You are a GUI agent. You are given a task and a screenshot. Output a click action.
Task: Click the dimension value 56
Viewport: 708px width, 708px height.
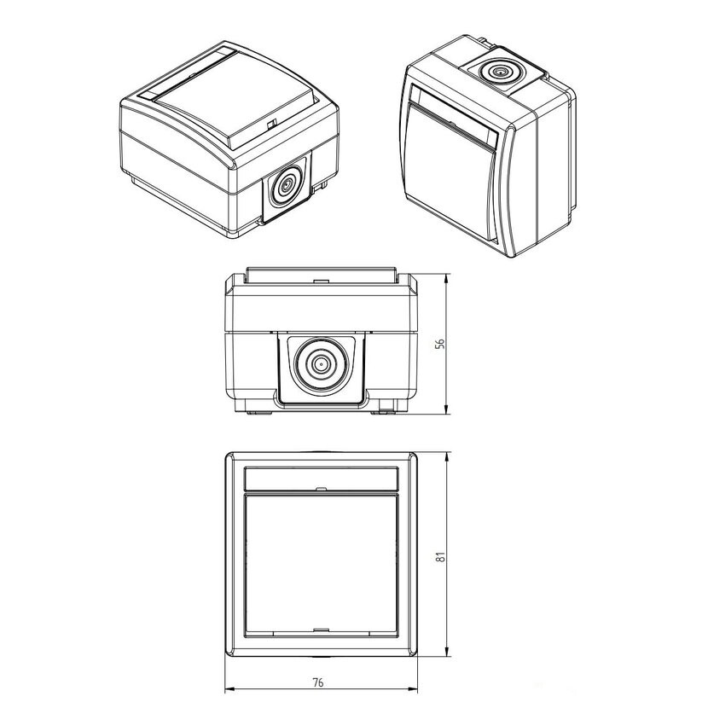[x=442, y=343]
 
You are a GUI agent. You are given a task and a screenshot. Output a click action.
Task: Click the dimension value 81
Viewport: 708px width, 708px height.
[x=442, y=556]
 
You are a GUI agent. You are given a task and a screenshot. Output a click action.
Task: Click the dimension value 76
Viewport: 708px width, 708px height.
[x=318, y=682]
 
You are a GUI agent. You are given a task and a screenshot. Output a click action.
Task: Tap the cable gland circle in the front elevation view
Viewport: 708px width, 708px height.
[x=321, y=363]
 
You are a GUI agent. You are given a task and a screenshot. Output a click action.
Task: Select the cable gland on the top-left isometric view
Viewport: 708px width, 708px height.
[x=287, y=184]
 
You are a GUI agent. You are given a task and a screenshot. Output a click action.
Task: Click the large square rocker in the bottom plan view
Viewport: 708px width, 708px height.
[x=321, y=565]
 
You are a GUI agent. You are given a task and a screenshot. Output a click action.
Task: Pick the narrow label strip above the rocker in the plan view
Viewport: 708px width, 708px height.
[x=321, y=479]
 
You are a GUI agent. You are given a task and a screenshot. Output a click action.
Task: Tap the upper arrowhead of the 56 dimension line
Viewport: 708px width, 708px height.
[x=446, y=279]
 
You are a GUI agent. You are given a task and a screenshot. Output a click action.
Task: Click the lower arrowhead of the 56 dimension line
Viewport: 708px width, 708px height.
[x=446, y=409]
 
